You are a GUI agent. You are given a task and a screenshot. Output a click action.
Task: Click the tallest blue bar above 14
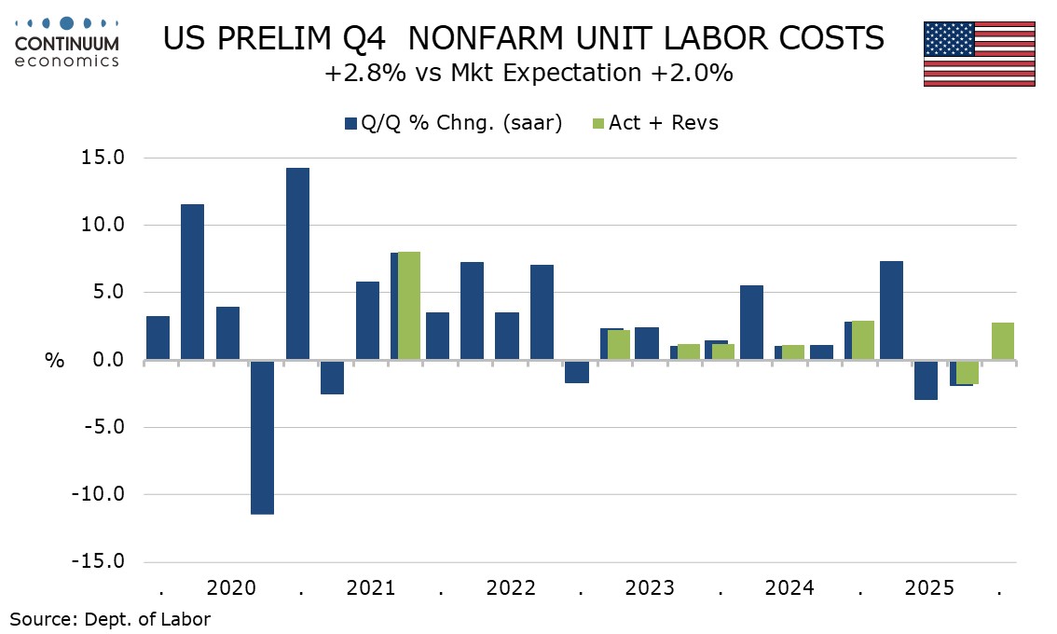coord(297,264)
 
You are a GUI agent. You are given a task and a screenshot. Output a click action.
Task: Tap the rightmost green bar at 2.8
coord(1003,341)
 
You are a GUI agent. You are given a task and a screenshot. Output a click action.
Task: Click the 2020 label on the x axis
coord(231,589)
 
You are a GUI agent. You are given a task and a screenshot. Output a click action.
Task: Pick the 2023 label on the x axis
coord(650,589)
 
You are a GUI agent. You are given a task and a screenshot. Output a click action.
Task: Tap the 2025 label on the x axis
coord(929,589)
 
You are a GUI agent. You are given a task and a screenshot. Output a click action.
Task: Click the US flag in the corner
coord(980,53)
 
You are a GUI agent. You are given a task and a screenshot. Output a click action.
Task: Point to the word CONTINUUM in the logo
coord(68,43)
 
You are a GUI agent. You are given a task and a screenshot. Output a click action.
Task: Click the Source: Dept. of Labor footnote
coord(110,619)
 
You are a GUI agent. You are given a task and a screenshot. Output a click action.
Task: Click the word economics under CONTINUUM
coord(68,61)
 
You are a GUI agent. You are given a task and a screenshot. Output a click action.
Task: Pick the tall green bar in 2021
coord(409,306)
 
